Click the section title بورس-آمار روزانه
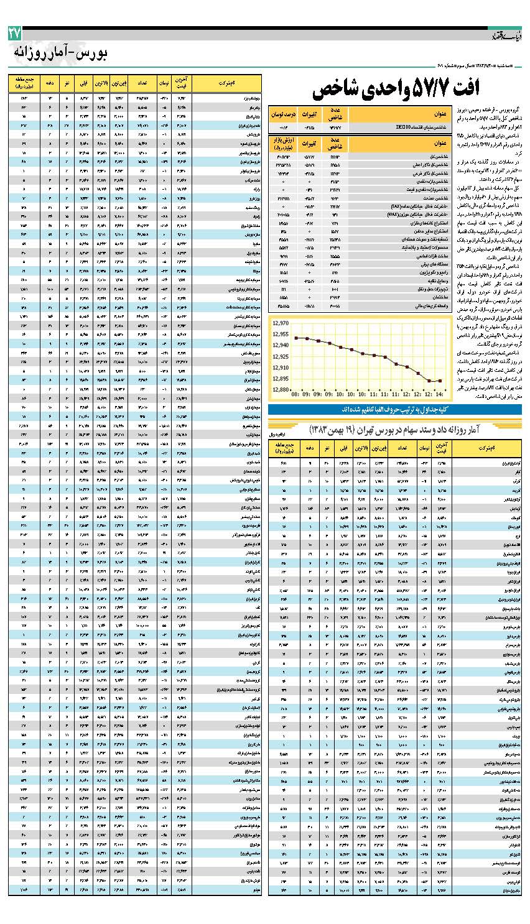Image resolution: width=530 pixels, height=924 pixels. pyautogui.click(x=60, y=53)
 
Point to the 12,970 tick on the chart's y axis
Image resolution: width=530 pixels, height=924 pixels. pyautogui.click(x=281, y=323)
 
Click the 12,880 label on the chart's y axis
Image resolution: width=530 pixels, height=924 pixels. pyautogui.click(x=281, y=390)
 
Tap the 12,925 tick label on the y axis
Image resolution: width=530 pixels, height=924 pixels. pyautogui.click(x=281, y=357)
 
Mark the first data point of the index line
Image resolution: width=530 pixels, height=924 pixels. pyautogui.click(x=296, y=338)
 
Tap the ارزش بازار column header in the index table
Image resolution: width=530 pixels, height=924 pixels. pyautogui.click(x=283, y=144)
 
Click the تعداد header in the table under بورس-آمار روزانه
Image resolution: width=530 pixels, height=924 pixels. pyautogui.click(x=142, y=82)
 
